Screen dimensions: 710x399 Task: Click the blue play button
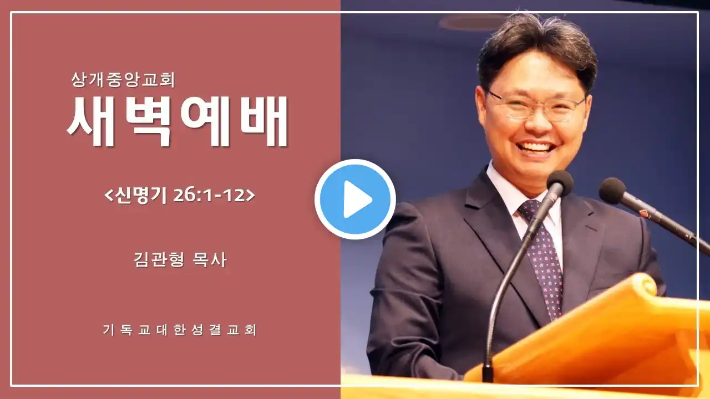355,199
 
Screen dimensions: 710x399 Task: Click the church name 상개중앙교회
123,80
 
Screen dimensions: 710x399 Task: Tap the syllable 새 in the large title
90,121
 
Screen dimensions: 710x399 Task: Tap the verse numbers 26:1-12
209,196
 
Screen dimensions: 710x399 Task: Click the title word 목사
210,260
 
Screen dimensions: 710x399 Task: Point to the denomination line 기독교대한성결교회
179,330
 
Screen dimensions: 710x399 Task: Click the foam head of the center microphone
560,183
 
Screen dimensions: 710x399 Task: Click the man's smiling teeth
535,147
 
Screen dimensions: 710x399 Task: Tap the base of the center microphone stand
488,374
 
